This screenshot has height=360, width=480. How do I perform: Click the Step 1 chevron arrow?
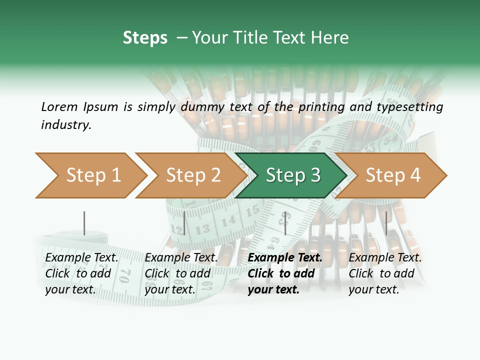tap(90, 175)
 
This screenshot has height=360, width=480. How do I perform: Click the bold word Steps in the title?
tap(145, 38)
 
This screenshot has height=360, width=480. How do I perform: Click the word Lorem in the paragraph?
tap(59, 106)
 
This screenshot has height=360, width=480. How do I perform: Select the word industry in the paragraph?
tap(66, 124)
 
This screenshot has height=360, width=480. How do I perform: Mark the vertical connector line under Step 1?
tap(84, 223)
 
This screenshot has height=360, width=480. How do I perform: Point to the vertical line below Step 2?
tap(184, 223)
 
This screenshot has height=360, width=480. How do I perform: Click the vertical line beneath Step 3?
tap(285, 223)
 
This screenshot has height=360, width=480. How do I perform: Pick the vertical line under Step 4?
tap(386, 223)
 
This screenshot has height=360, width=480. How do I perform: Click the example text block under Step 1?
tap(81, 273)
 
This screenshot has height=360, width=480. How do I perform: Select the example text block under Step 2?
tap(181, 273)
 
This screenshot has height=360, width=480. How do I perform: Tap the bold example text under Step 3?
tap(285, 273)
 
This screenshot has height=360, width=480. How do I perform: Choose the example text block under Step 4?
tap(385, 273)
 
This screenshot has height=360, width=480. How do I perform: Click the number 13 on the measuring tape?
tap(202, 229)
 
